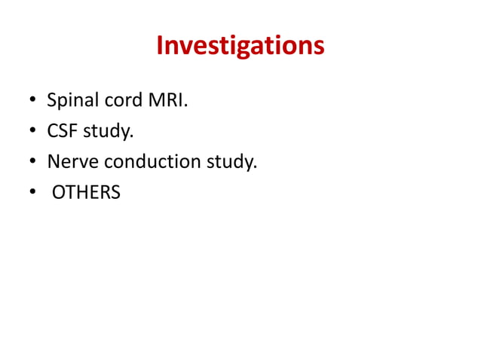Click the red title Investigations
click(x=240, y=47)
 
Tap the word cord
click(x=118, y=100)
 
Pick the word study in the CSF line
click(x=105, y=133)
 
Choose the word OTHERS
click(x=85, y=193)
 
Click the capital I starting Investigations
click(x=160, y=47)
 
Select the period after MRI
click(x=185, y=106)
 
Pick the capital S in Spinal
click(x=51, y=100)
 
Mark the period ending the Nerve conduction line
click(x=256, y=168)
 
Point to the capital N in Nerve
click(x=53, y=162)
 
